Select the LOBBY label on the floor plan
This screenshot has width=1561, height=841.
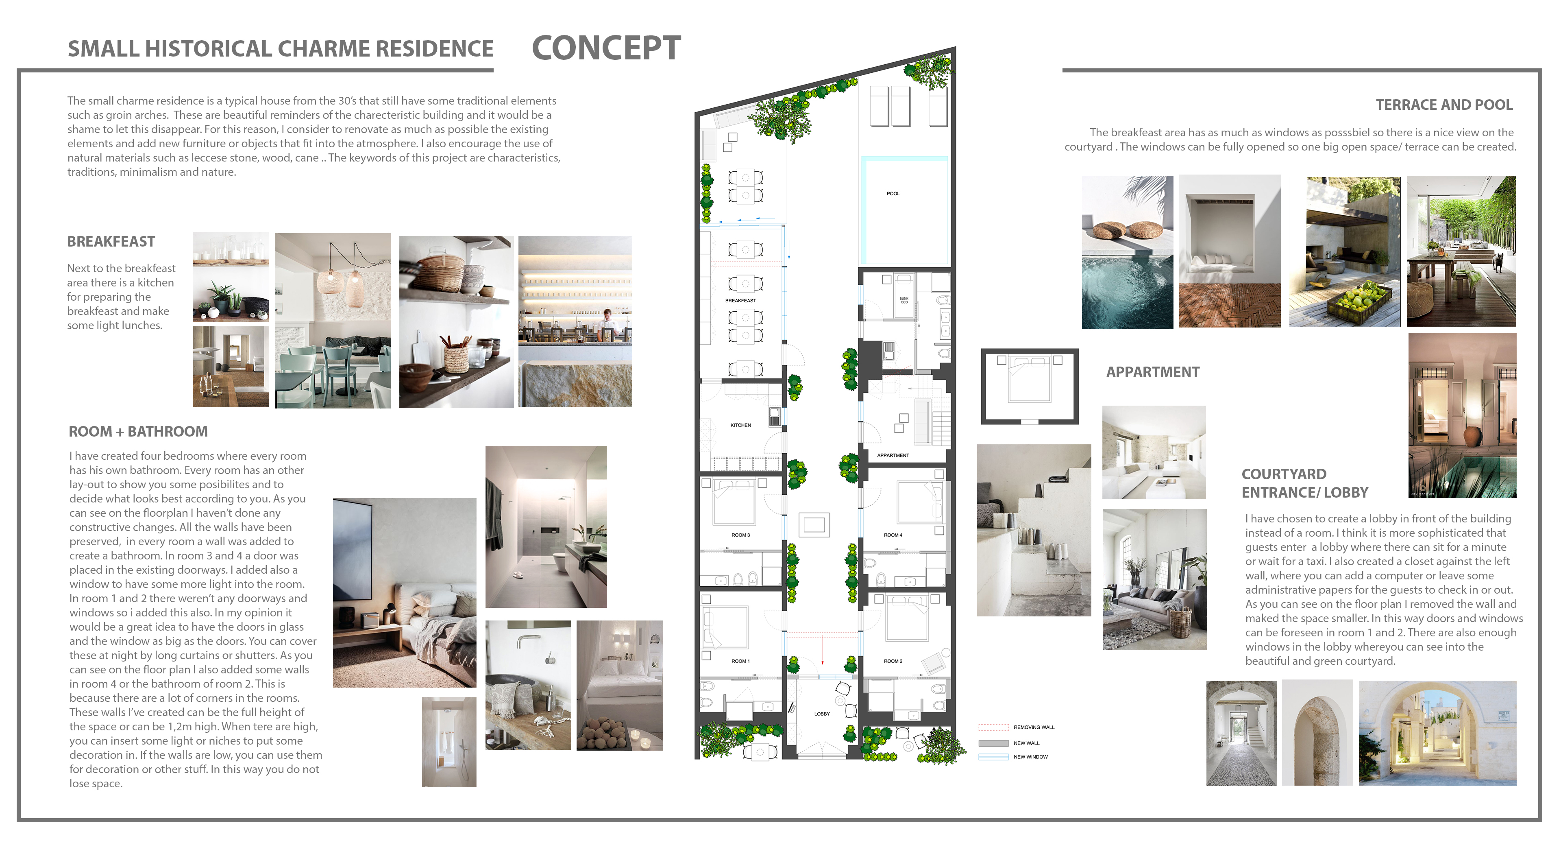point(822,714)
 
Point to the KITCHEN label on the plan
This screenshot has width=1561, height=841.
point(740,425)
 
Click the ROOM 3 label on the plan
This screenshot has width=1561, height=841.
point(740,535)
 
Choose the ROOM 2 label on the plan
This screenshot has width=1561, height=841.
point(893,661)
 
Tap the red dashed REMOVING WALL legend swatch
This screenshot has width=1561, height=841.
point(993,727)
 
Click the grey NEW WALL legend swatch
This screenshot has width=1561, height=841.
point(993,743)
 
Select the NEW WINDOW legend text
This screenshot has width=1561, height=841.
point(1030,757)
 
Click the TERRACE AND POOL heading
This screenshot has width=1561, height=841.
point(1444,105)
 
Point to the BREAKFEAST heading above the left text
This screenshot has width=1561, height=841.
point(111,241)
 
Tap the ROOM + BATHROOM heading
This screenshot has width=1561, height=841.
point(138,431)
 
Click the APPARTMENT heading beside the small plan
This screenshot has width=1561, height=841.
point(1153,372)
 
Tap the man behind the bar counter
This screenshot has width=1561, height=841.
point(607,324)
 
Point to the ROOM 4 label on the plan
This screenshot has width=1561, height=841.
point(893,535)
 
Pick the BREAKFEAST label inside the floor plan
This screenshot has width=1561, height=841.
point(740,300)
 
